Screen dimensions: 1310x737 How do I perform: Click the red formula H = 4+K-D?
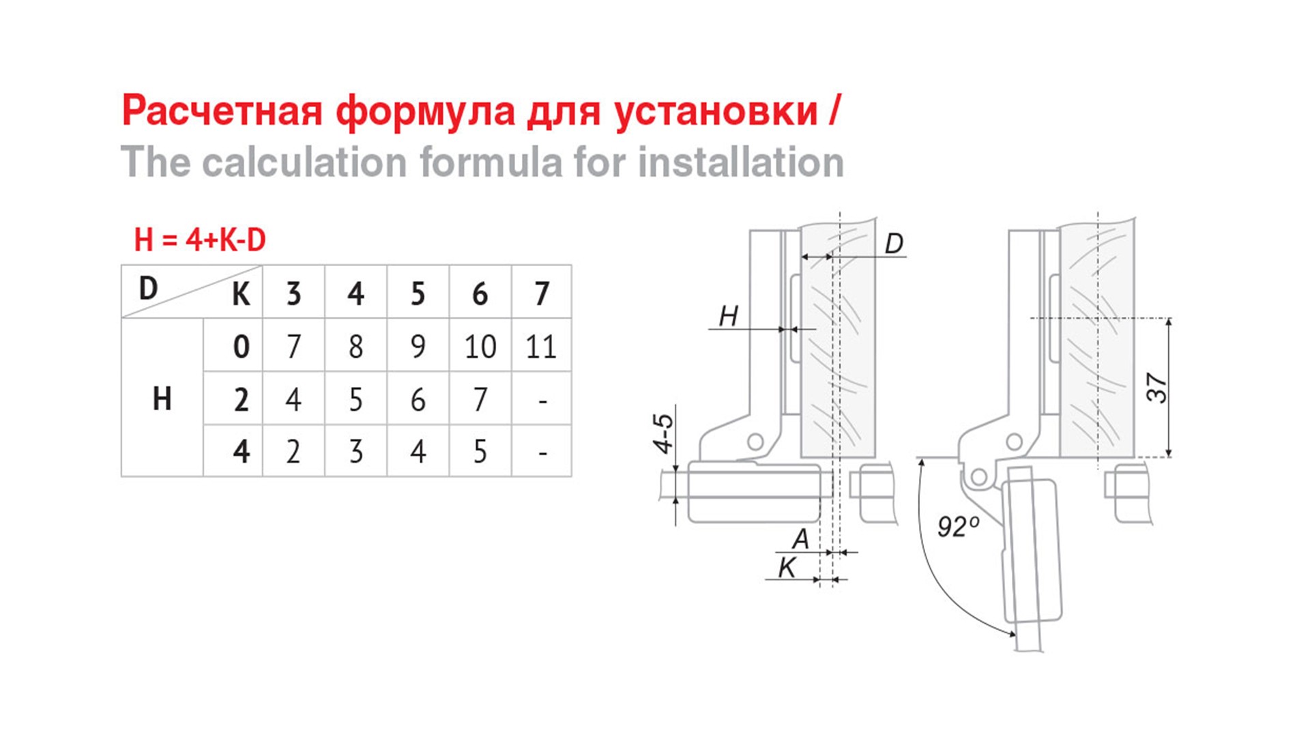point(200,240)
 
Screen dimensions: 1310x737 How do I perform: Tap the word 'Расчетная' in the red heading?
point(222,111)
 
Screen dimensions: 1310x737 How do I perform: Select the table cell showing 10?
point(480,347)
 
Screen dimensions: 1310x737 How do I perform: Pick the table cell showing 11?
point(541,347)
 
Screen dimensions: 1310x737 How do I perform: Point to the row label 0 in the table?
point(241,347)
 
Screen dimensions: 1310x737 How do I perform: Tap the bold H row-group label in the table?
point(162,399)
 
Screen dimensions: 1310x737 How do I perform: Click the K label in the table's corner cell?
point(241,295)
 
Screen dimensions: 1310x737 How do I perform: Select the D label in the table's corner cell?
point(148,289)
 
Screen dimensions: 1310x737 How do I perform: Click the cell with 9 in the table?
point(418,347)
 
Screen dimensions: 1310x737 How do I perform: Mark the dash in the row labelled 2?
point(543,401)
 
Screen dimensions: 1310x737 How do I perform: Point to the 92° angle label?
point(959,527)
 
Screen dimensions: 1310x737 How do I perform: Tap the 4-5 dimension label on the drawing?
point(663,433)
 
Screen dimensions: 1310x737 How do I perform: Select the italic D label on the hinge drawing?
point(894,244)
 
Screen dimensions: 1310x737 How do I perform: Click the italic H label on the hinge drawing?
point(729,316)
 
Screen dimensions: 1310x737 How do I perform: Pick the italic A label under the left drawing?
point(800,539)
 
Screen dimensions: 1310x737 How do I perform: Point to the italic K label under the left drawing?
point(787,567)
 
